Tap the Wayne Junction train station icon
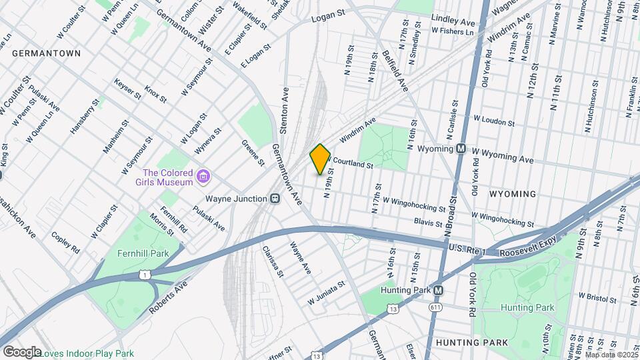coord(274,199)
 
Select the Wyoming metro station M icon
coord(461,149)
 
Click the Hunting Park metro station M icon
coord(438,291)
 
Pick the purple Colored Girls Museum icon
coord(204,177)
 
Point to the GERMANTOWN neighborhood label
coord(46,53)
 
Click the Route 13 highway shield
coord(393,309)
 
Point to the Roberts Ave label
coord(167,297)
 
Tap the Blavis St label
coord(428,222)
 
